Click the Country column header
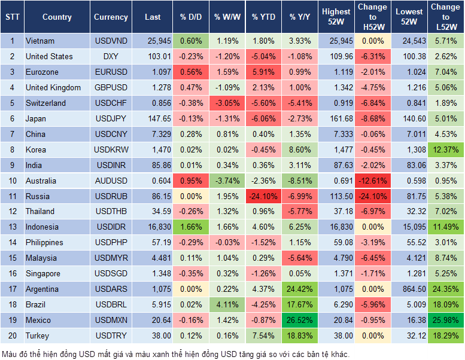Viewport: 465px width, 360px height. pos(57,17)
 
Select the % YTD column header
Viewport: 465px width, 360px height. pos(263,17)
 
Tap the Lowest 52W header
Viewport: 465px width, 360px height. pos(409,17)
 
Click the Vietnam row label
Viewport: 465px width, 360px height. pos(41,41)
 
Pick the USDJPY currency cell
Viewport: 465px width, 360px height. pos(111,119)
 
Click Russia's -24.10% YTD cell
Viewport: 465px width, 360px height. pos(263,196)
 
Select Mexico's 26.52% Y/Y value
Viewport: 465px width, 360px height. pos(300,320)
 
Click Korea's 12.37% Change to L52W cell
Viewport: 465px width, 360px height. pos(446,150)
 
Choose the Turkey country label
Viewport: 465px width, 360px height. pos(38,335)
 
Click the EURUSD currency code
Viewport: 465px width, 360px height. pos(111,72)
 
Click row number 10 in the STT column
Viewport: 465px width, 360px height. pos(12,181)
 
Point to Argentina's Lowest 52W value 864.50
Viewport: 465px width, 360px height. pos(409,289)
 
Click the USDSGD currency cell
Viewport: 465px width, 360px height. pos(111,273)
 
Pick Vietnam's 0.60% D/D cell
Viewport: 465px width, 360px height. pos(191,41)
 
